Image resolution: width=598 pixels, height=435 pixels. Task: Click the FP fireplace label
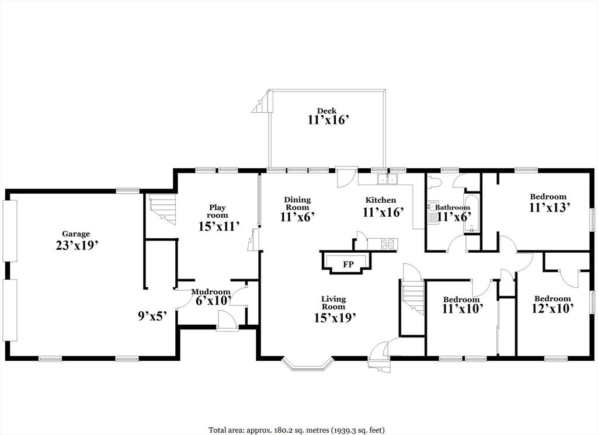348,265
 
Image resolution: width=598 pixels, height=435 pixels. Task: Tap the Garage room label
76,234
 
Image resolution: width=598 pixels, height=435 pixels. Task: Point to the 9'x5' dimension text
152,316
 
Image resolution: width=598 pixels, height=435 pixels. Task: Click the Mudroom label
211,291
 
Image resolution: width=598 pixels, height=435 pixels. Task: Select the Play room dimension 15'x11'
219,226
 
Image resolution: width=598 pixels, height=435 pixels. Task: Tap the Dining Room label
297,203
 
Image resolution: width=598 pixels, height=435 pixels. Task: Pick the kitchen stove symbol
388,244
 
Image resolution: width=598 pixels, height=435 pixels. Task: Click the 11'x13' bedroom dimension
549,207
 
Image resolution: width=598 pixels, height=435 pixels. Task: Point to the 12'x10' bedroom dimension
552,308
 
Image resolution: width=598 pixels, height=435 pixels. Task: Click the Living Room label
333,302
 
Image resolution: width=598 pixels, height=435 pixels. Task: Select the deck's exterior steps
260,104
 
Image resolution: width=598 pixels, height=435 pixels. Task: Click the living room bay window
308,363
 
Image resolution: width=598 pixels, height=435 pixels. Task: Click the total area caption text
297,430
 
